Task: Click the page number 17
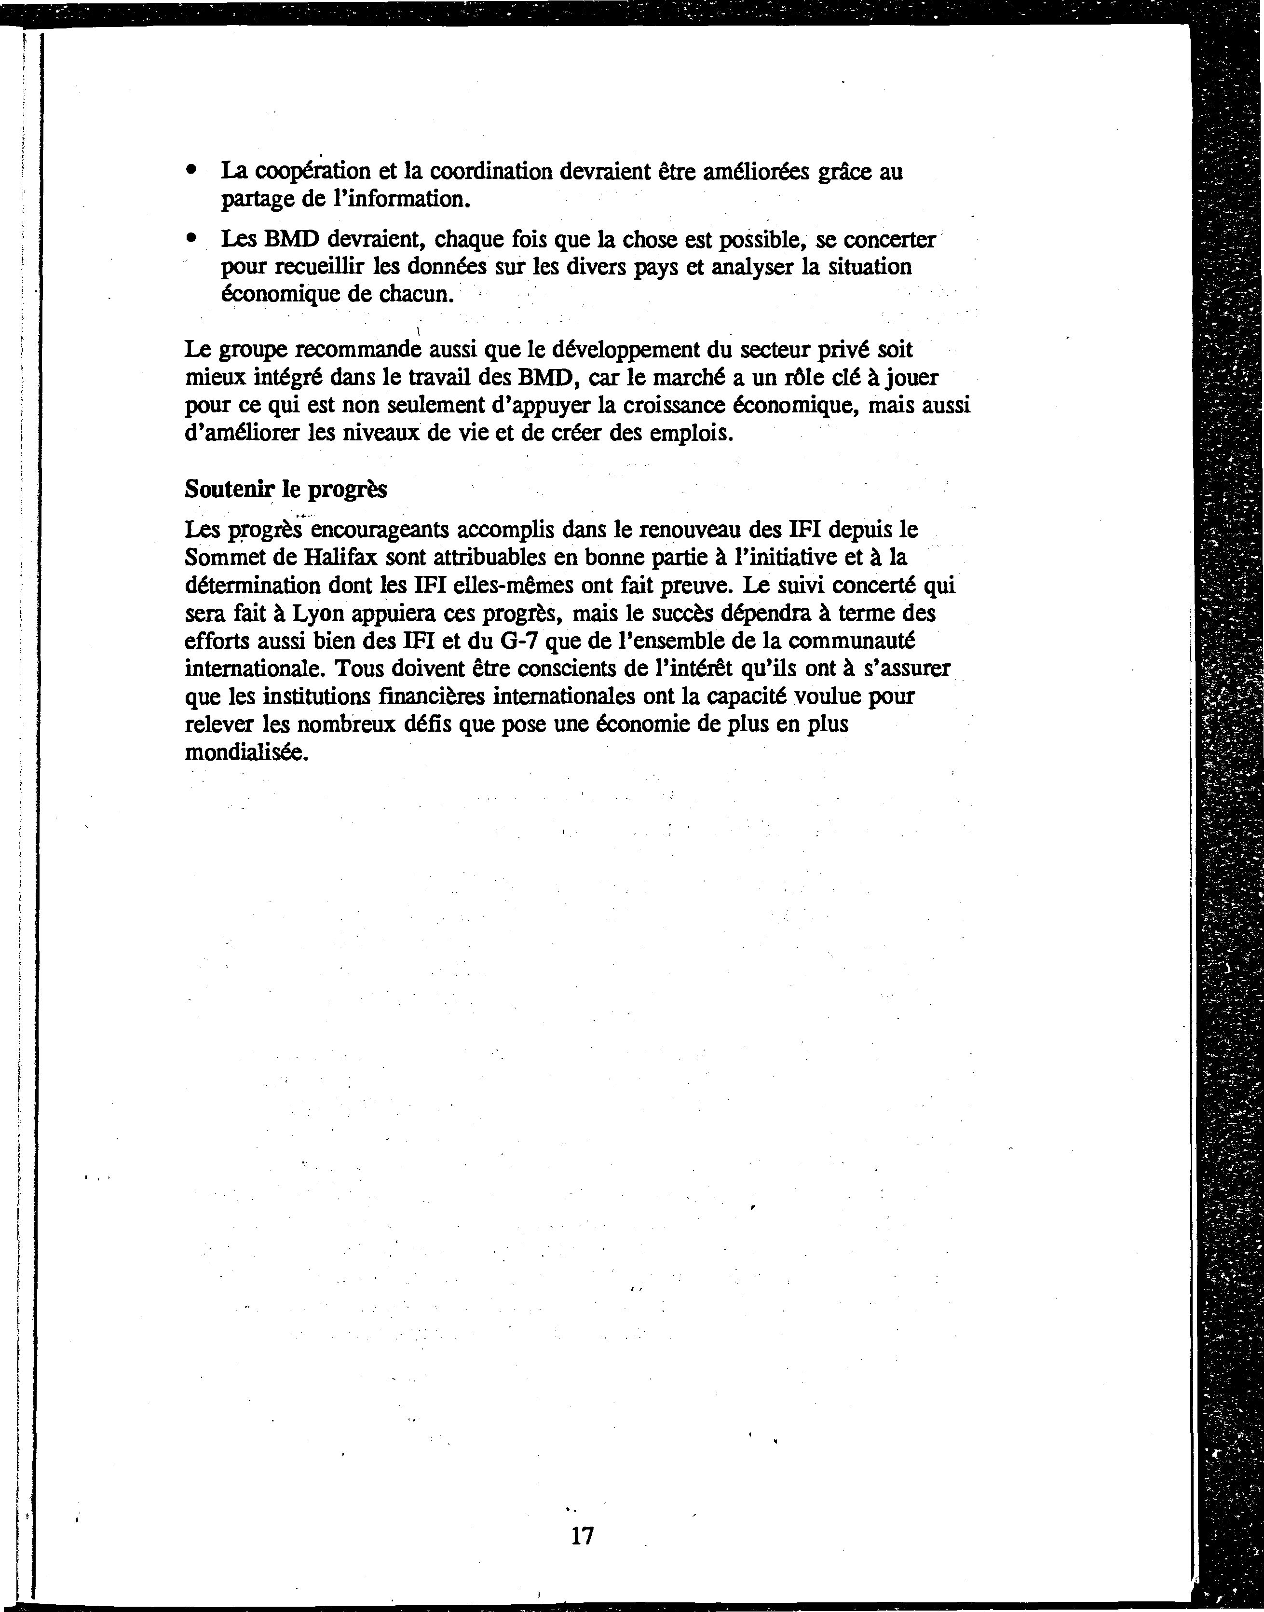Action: click(583, 1536)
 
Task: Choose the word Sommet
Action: click(220, 557)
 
